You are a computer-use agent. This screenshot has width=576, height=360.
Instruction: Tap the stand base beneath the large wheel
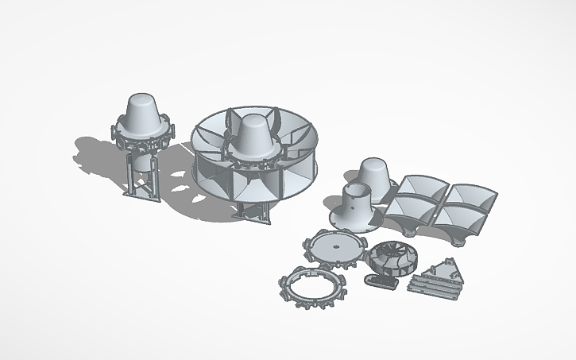click(x=252, y=213)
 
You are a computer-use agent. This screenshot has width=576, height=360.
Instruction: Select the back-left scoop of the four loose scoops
click(x=422, y=188)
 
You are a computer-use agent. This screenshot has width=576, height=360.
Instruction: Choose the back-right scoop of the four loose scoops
click(x=472, y=195)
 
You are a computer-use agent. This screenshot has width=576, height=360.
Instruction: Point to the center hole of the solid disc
click(x=335, y=246)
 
